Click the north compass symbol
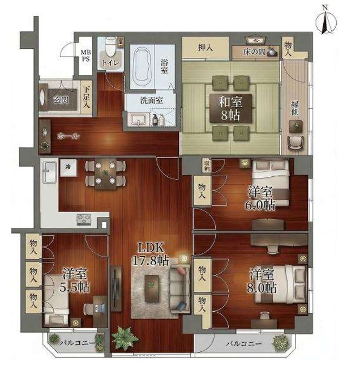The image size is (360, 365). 326,21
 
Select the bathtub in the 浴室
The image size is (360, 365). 142,67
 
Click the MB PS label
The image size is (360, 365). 86,56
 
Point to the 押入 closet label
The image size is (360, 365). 205,48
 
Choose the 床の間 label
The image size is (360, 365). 255,52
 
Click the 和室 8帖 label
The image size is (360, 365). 230,108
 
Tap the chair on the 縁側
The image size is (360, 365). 295,143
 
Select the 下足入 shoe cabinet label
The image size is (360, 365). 86,97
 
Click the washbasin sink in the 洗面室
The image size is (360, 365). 139,120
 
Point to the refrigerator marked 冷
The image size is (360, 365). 68,168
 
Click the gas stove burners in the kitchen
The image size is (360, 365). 84,219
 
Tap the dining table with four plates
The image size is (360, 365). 105,173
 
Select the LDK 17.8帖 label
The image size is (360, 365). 151,254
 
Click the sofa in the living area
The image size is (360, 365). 179,288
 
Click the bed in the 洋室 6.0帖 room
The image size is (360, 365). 271,183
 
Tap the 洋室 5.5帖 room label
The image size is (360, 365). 75,281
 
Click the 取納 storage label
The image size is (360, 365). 207,165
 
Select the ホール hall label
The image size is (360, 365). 68,136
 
